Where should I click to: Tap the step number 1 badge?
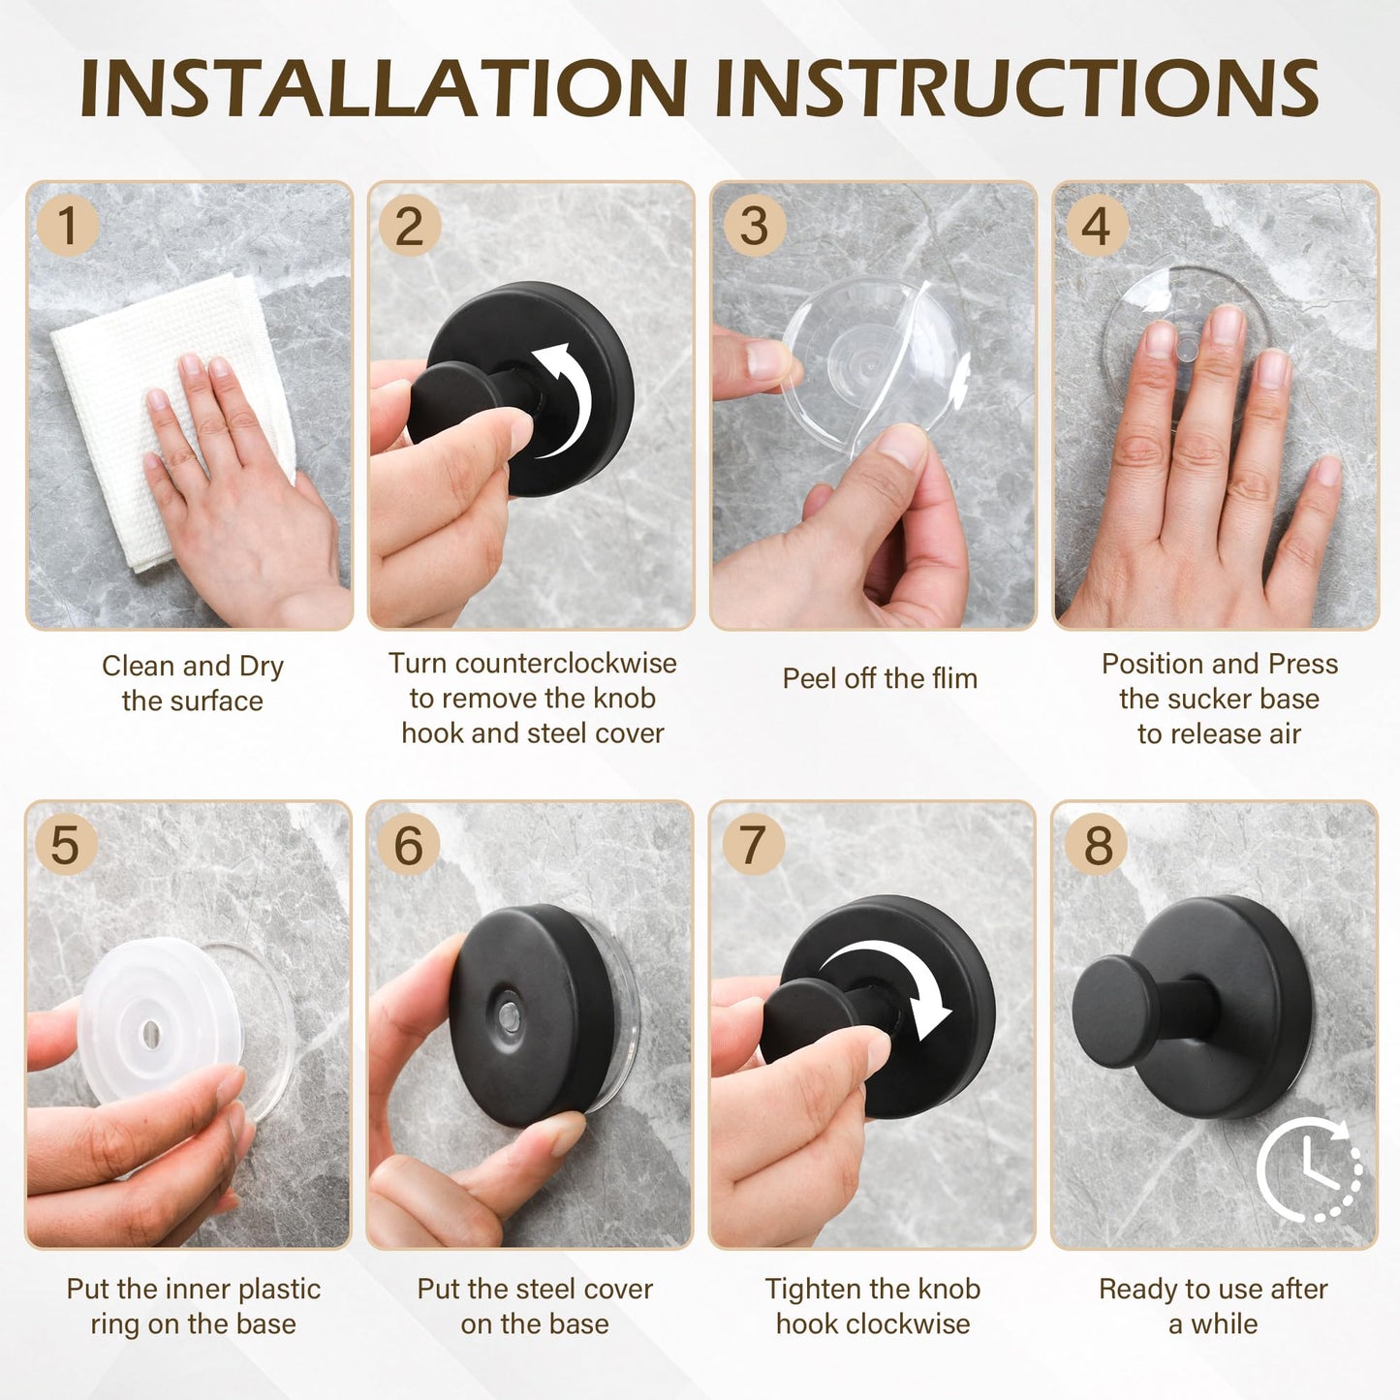click(x=67, y=226)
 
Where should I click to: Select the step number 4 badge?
click(x=1095, y=226)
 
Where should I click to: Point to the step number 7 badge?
click(x=753, y=844)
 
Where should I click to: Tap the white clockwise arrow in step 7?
click(x=887, y=979)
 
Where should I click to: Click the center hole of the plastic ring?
click(x=150, y=1035)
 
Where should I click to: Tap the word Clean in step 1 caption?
click(x=138, y=667)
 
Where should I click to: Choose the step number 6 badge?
click(x=408, y=844)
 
